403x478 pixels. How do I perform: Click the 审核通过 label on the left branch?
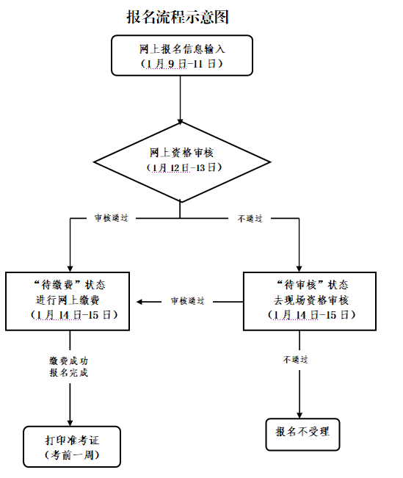[111, 218]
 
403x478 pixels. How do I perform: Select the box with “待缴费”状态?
[70, 300]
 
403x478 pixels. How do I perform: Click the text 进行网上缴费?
[70, 300]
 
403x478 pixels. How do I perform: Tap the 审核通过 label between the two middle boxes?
[187, 301]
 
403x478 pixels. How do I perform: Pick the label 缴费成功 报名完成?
[70, 366]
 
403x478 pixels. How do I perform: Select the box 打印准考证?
[71, 447]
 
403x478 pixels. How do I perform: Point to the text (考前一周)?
[71, 455]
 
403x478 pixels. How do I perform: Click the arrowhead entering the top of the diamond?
[181, 120]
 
